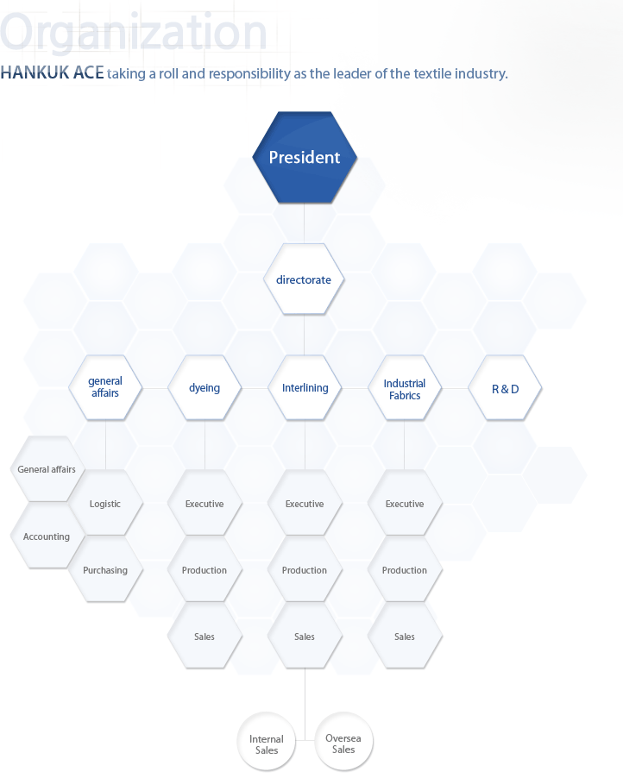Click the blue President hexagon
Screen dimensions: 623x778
[x=305, y=157]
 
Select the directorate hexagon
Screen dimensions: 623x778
[x=304, y=279]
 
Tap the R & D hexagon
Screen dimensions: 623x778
[x=505, y=388]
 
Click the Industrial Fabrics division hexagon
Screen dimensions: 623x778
[x=405, y=388]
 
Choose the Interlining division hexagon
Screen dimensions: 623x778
[x=305, y=388]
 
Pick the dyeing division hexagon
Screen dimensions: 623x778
[x=205, y=388]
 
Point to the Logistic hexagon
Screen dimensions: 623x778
[x=105, y=503]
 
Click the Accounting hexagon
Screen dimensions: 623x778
[x=47, y=536]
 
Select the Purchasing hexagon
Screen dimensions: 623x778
[x=105, y=569]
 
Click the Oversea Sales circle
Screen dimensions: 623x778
[x=343, y=741]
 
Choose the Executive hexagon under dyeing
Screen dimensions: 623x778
[x=205, y=503]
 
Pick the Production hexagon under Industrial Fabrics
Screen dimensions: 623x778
[x=405, y=569]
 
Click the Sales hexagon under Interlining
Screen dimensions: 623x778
[x=305, y=636]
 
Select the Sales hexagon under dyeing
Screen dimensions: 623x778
[x=205, y=636]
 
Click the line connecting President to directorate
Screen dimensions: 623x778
[x=304, y=223]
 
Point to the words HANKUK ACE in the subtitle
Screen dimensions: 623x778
[x=52, y=73]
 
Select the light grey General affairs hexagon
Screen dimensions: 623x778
[x=47, y=469]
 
